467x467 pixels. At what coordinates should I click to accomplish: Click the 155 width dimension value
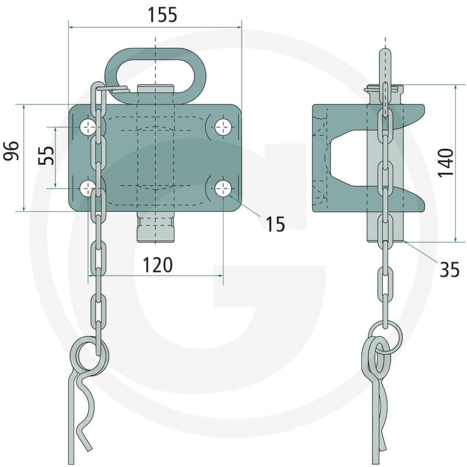point(162,15)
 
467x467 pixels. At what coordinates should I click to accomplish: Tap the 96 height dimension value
point(11,151)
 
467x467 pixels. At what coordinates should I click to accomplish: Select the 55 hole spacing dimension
point(46,155)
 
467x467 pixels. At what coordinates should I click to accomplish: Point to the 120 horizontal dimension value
point(158,265)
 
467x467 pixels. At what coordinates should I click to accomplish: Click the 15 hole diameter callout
point(275,224)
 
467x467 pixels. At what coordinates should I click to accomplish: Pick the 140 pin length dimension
point(445,163)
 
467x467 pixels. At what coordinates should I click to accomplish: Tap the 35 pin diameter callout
point(449,270)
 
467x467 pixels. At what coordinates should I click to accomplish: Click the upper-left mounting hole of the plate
point(88,127)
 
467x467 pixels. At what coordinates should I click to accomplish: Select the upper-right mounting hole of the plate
point(223,127)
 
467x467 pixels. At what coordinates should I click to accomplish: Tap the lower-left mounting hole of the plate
point(88,189)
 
